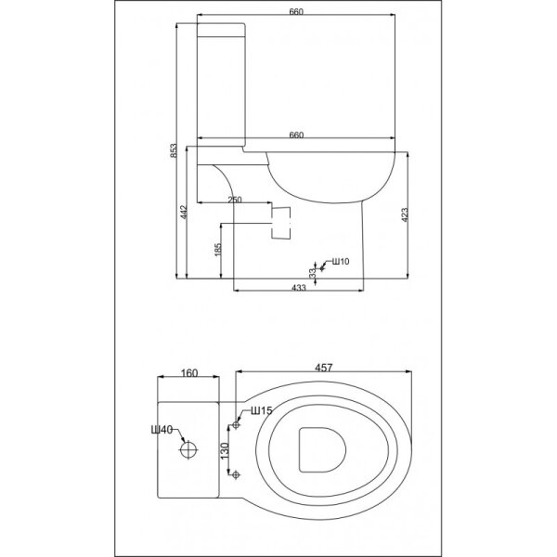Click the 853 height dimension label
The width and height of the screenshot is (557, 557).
pyautogui.click(x=173, y=150)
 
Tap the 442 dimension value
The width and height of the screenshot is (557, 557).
pyautogui.click(x=183, y=212)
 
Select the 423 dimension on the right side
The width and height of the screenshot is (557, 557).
pyautogui.click(x=404, y=214)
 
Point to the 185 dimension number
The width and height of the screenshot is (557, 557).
pyautogui.click(x=218, y=250)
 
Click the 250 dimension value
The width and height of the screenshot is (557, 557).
pyautogui.click(x=235, y=200)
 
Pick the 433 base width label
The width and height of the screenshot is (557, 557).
pyautogui.click(x=299, y=288)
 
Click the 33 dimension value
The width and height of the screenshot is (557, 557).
pyautogui.click(x=313, y=273)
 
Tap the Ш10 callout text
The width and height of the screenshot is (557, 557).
pyautogui.click(x=341, y=262)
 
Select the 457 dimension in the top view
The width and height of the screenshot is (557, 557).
pyautogui.click(x=324, y=368)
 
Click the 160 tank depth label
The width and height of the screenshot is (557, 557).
pyautogui.click(x=189, y=373)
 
